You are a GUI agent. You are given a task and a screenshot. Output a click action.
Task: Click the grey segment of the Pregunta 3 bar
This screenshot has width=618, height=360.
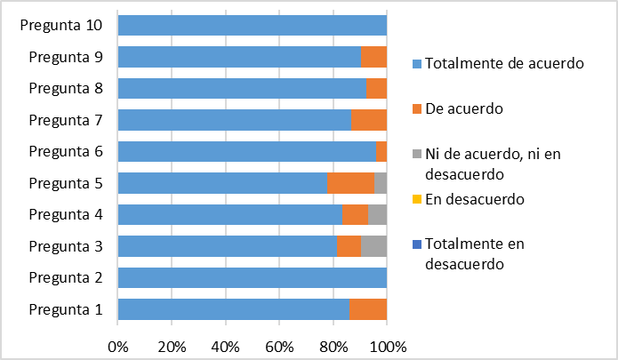[x=373, y=246]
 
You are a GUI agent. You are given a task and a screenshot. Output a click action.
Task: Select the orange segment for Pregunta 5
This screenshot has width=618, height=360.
[x=350, y=183]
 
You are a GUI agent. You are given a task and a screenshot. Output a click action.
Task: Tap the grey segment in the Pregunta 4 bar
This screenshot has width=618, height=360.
[x=377, y=214]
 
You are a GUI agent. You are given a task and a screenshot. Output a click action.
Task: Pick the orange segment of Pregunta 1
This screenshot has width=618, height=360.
[x=368, y=309]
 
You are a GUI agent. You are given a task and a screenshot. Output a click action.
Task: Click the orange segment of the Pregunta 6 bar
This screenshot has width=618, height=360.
[x=381, y=151]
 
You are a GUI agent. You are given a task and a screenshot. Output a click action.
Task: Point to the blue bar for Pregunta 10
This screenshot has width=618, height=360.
[x=253, y=25]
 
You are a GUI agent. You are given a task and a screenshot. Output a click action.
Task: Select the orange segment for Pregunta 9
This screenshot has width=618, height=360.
[x=374, y=57]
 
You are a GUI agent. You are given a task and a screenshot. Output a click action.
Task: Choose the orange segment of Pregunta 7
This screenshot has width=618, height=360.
[x=369, y=120]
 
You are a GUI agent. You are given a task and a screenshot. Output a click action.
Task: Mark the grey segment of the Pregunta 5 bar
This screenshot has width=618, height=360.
[x=381, y=183]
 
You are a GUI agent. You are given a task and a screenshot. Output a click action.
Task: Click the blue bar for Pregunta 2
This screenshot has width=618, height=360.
[x=253, y=277]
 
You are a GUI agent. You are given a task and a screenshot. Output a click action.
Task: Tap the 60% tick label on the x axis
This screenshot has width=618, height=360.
[x=279, y=347]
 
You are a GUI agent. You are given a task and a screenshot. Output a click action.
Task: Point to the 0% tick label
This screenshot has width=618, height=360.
[x=118, y=347]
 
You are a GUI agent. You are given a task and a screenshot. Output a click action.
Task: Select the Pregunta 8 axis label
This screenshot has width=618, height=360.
[x=66, y=89]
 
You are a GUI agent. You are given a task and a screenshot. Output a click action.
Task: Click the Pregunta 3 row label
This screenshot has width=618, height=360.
[x=66, y=246]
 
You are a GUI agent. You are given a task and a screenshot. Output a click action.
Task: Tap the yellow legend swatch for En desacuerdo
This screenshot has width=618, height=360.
[x=417, y=199]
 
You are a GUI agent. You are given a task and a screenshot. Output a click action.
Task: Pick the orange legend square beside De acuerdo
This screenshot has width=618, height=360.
[x=417, y=108]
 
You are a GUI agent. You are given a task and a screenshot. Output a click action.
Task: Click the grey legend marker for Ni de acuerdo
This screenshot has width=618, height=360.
[x=417, y=154]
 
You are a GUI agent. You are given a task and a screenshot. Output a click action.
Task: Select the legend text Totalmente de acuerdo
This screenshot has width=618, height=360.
[x=504, y=63]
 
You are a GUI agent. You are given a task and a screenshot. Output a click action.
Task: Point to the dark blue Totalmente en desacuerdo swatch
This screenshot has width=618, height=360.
[x=417, y=244]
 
